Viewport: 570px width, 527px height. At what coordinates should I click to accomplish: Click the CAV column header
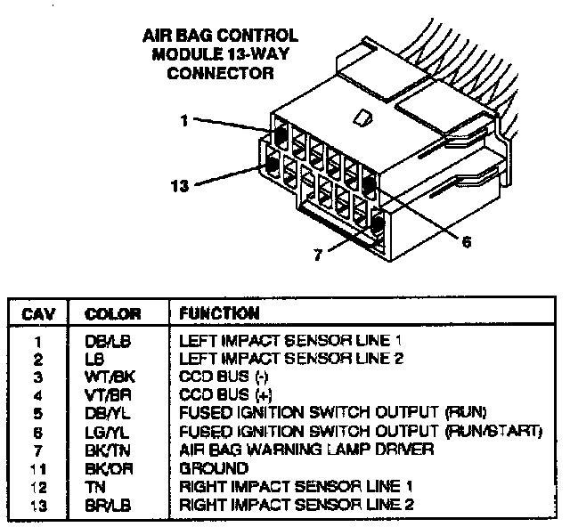pyautogui.click(x=38, y=313)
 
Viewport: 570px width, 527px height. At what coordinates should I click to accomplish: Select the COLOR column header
pyautogui.click(x=112, y=313)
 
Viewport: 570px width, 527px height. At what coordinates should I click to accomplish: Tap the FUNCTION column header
pyautogui.click(x=219, y=313)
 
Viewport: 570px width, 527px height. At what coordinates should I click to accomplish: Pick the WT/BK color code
pyautogui.click(x=105, y=377)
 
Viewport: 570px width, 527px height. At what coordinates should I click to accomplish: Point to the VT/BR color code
pyautogui.click(x=104, y=394)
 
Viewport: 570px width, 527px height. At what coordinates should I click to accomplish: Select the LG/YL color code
pyautogui.click(x=104, y=432)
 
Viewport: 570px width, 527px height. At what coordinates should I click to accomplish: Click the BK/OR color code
pyautogui.click(x=105, y=467)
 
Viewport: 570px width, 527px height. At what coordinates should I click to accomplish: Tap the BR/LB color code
pyautogui.click(x=104, y=505)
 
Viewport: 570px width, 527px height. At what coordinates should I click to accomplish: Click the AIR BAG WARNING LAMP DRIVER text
pyautogui.click(x=306, y=450)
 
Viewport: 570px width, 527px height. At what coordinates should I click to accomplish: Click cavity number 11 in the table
pyautogui.click(x=37, y=467)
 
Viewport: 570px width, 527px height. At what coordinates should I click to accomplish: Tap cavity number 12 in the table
pyautogui.click(x=37, y=486)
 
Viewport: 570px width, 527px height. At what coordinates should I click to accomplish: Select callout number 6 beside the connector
pyautogui.click(x=466, y=240)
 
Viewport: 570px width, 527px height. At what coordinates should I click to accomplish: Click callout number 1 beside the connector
pyautogui.click(x=183, y=121)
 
